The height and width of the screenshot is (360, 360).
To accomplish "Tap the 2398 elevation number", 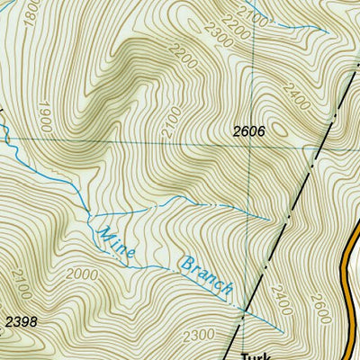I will point(22,321).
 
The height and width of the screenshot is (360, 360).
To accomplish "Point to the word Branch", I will point(207,278).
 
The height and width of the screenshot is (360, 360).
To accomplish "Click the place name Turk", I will point(256,355).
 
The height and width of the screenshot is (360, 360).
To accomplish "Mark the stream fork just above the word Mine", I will point(87,216).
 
